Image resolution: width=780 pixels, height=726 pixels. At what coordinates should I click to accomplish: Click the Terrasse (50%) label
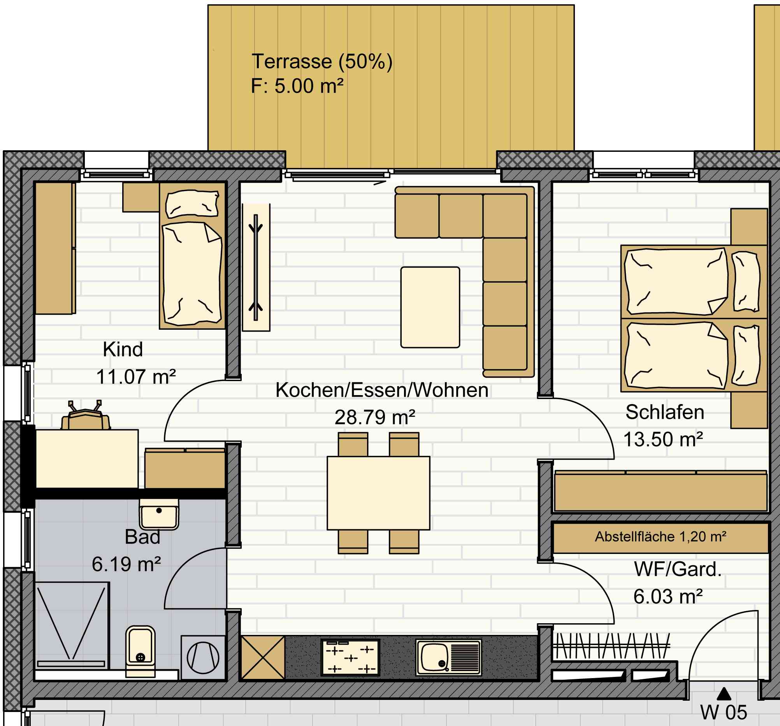(x=322, y=62)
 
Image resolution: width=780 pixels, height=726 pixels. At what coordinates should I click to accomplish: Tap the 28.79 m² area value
(x=375, y=417)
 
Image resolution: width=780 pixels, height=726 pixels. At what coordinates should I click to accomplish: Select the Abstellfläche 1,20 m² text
(x=661, y=536)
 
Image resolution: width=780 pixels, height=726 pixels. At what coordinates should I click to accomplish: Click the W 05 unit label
(x=724, y=712)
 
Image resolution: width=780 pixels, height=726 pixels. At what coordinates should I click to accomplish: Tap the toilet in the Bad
(x=141, y=651)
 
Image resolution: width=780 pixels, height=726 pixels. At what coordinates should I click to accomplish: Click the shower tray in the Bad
(x=72, y=626)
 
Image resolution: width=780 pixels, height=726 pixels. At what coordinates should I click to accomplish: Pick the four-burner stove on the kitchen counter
(x=350, y=658)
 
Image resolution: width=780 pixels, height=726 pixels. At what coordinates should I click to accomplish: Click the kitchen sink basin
(x=435, y=658)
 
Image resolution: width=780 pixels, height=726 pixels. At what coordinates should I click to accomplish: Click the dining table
(x=378, y=493)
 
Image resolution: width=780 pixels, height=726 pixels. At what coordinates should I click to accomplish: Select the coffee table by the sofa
(x=430, y=307)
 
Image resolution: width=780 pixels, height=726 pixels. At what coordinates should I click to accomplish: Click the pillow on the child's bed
(x=192, y=204)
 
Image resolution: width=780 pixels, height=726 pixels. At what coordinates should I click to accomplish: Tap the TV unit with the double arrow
(x=256, y=267)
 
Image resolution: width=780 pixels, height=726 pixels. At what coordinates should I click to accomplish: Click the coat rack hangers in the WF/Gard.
(x=611, y=645)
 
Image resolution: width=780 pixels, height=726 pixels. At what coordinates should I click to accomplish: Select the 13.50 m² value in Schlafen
(x=663, y=439)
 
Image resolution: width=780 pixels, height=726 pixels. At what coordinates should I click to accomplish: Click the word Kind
(x=123, y=349)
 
